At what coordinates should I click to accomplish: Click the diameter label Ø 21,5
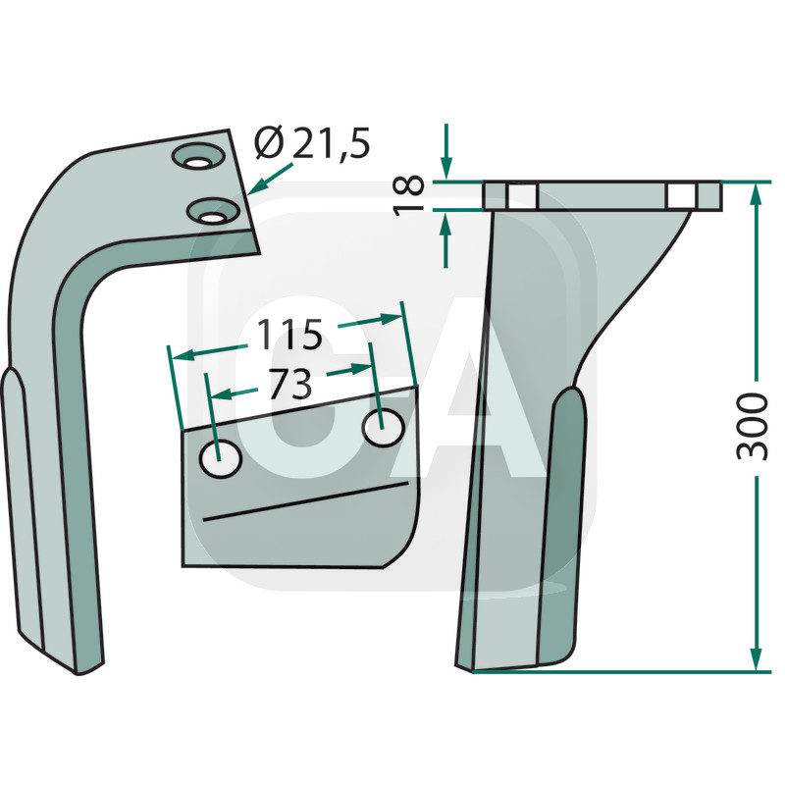coord(312,145)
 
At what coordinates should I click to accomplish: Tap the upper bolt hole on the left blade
coord(200,158)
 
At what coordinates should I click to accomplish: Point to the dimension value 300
coord(753,426)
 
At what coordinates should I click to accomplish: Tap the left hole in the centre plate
coord(222,459)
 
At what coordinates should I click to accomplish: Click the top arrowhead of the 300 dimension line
coord(755,192)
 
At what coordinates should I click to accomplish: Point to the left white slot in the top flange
coord(523,195)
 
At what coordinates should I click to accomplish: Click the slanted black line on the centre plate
coord(303,501)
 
